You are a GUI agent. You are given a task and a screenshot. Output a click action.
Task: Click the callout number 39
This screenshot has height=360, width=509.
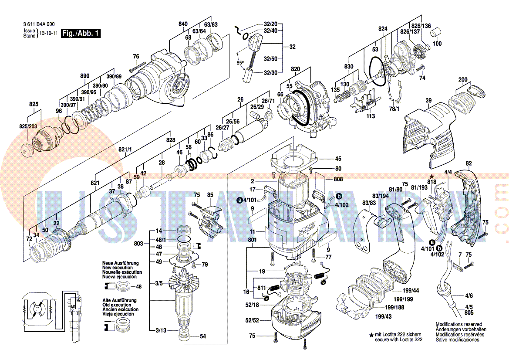pos(428,101)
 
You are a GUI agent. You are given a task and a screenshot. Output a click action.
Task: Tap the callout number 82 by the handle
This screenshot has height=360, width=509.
pos(469,163)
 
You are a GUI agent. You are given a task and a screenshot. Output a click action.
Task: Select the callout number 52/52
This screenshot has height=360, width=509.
pos(252,320)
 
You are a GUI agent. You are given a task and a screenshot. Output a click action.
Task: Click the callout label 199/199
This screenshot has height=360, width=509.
pos(403,299)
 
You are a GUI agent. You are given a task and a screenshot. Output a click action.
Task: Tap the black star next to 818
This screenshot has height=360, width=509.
pos(432,175)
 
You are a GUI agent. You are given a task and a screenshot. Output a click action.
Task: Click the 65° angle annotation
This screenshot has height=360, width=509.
pos(240,63)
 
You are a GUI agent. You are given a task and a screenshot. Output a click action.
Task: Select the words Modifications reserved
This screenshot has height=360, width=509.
pos(458,325)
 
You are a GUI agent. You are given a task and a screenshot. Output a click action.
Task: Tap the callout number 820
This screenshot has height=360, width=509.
pos(296,69)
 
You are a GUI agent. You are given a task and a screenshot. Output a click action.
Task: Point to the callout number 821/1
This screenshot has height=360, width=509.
pos(125,149)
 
